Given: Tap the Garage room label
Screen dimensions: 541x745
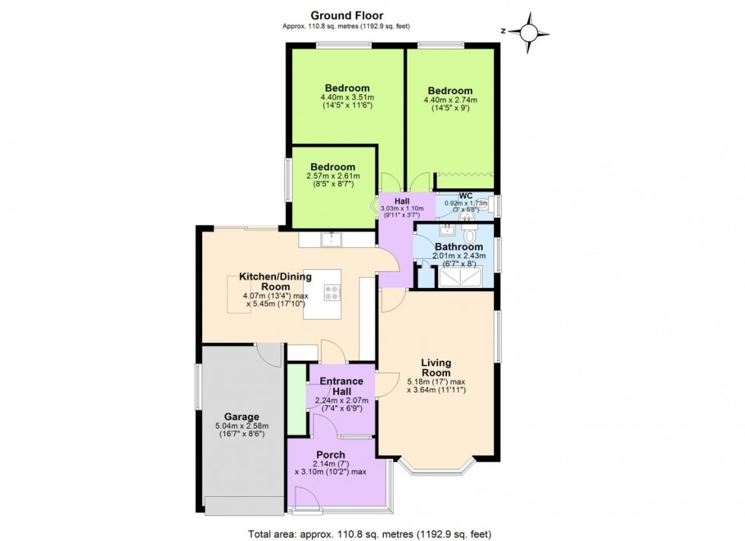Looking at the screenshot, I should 241,416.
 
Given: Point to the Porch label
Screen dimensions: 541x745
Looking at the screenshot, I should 331,454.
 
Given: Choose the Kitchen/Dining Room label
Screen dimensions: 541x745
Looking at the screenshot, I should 273,281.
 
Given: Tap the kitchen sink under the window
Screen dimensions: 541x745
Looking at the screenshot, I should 331,241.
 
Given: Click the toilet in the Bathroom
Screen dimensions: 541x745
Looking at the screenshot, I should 469,236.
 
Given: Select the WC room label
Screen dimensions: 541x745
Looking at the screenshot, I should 465,195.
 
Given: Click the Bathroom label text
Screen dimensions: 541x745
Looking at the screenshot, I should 458,247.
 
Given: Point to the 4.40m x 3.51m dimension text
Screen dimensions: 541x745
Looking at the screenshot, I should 347,97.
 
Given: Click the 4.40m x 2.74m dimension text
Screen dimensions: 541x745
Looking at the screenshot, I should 449,100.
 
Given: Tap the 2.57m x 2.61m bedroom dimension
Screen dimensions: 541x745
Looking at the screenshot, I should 332,176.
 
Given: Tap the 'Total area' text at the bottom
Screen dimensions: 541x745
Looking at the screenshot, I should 372,533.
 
